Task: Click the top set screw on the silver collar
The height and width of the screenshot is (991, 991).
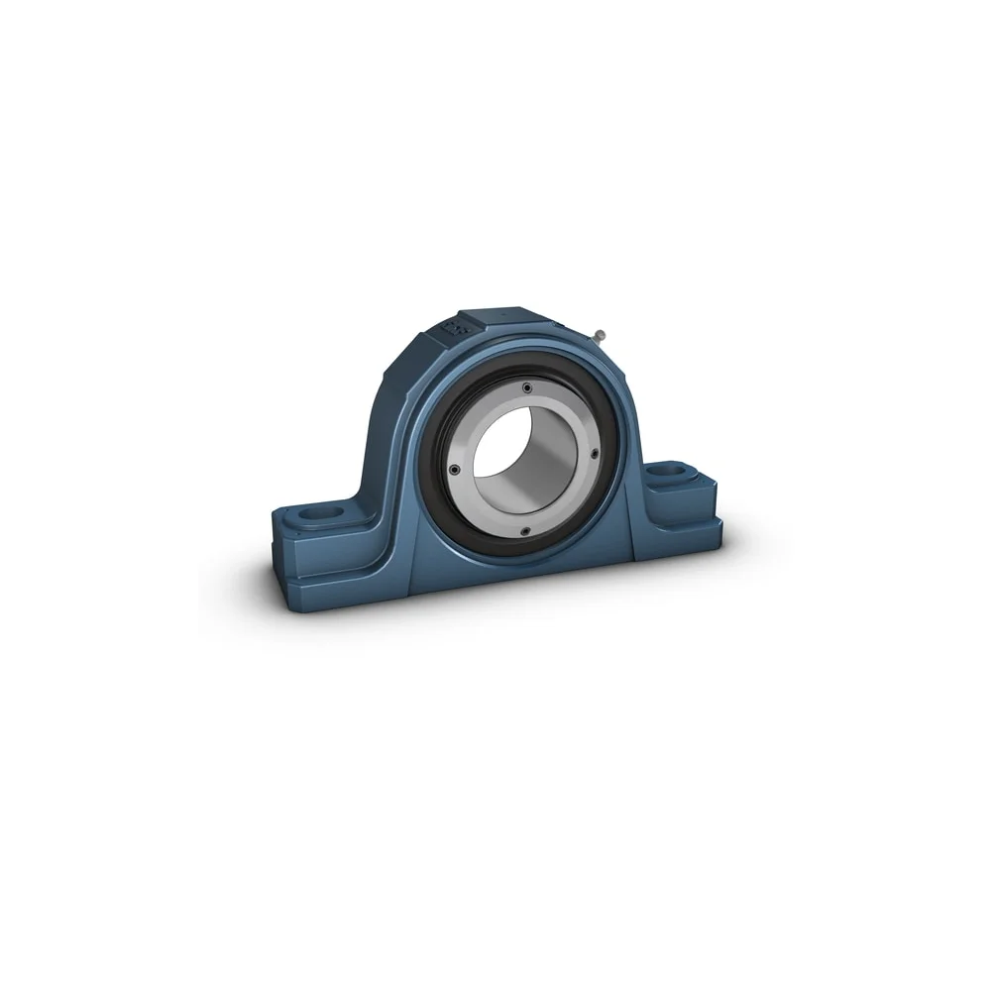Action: pos(527,387)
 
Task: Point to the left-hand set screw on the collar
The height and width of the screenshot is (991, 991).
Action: pos(454,469)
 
